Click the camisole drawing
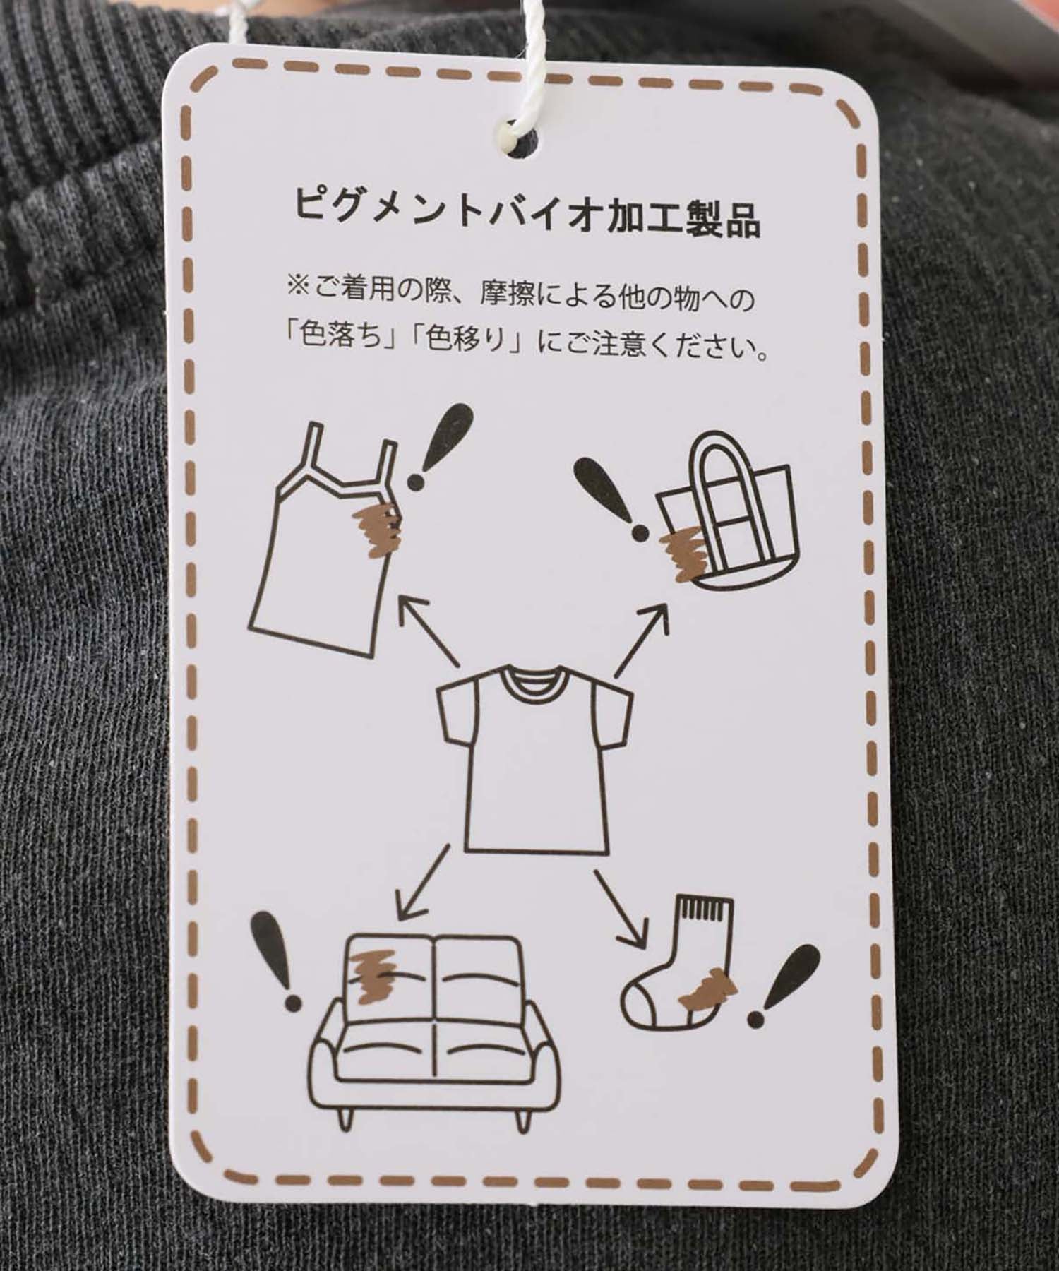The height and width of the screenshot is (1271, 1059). coord(321,537)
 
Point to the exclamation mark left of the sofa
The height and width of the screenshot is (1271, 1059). coord(279,960)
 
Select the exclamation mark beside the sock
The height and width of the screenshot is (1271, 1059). coord(783,986)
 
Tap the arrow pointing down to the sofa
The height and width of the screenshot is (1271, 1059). coord(423,883)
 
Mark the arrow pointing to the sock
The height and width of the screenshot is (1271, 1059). coord(621,908)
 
